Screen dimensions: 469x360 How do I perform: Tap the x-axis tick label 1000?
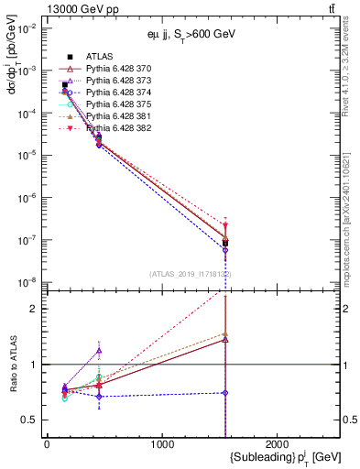pos(163,444)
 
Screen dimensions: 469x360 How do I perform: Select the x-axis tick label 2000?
pos(279,444)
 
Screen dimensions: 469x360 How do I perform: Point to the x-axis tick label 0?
pos(47,444)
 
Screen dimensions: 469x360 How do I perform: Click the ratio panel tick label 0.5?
pos(31,420)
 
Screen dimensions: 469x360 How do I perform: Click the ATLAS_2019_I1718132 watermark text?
pos(191,274)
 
